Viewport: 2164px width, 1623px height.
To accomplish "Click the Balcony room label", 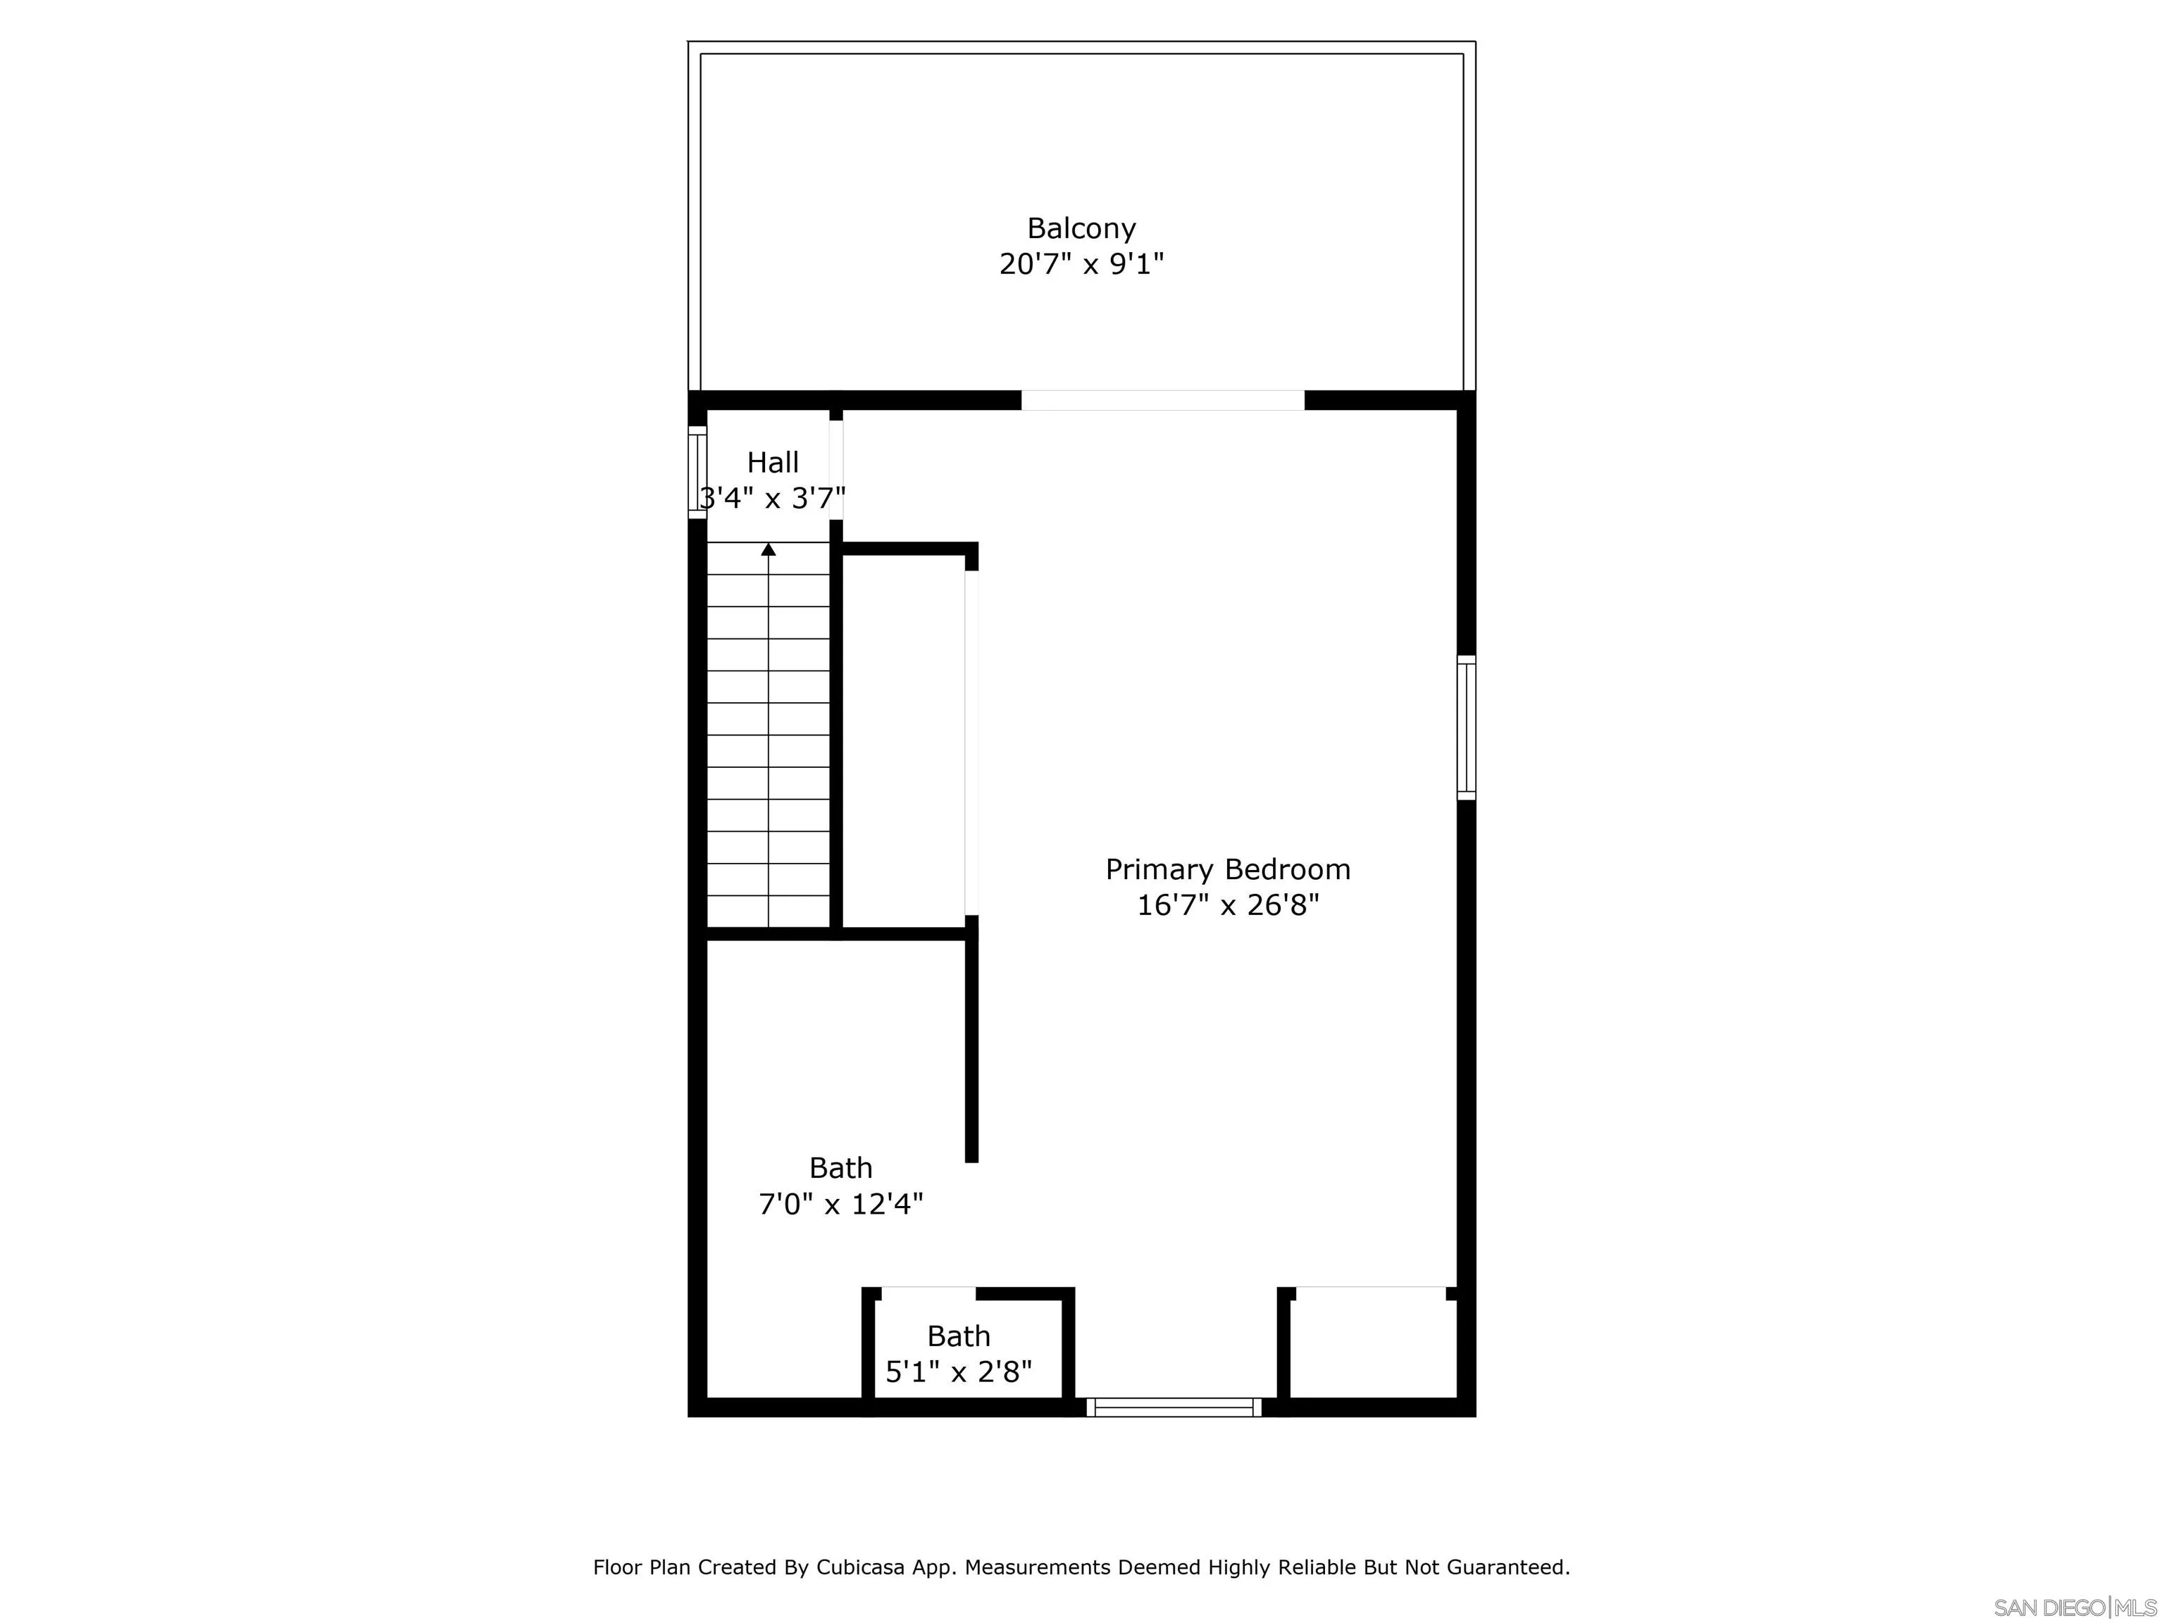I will click(1081, 228).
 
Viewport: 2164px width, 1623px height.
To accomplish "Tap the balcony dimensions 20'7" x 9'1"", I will click(1081, 264).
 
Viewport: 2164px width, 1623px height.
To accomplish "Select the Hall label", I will click(773, 462).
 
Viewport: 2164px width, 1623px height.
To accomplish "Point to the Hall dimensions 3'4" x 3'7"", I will click(773, 499).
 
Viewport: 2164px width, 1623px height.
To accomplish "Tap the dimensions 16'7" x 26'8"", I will click(1228, 905).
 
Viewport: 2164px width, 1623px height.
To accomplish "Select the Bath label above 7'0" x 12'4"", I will click(840, 1167).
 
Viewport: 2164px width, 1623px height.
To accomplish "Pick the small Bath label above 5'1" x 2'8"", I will click(959, 1336).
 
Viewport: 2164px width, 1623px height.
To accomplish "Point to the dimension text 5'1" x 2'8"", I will click(959, 1372).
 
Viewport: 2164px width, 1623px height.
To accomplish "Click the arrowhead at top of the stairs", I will click(768, 549).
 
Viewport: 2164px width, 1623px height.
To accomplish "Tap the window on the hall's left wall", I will click(697, 473).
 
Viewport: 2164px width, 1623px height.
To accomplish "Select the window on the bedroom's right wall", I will click(1465, 727).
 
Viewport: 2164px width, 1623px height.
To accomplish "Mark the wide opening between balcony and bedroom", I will click(1162, 400).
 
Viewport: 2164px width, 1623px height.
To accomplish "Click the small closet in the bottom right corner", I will click(1372, 1348).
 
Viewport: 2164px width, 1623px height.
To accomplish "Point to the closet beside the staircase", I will click(903, 740).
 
